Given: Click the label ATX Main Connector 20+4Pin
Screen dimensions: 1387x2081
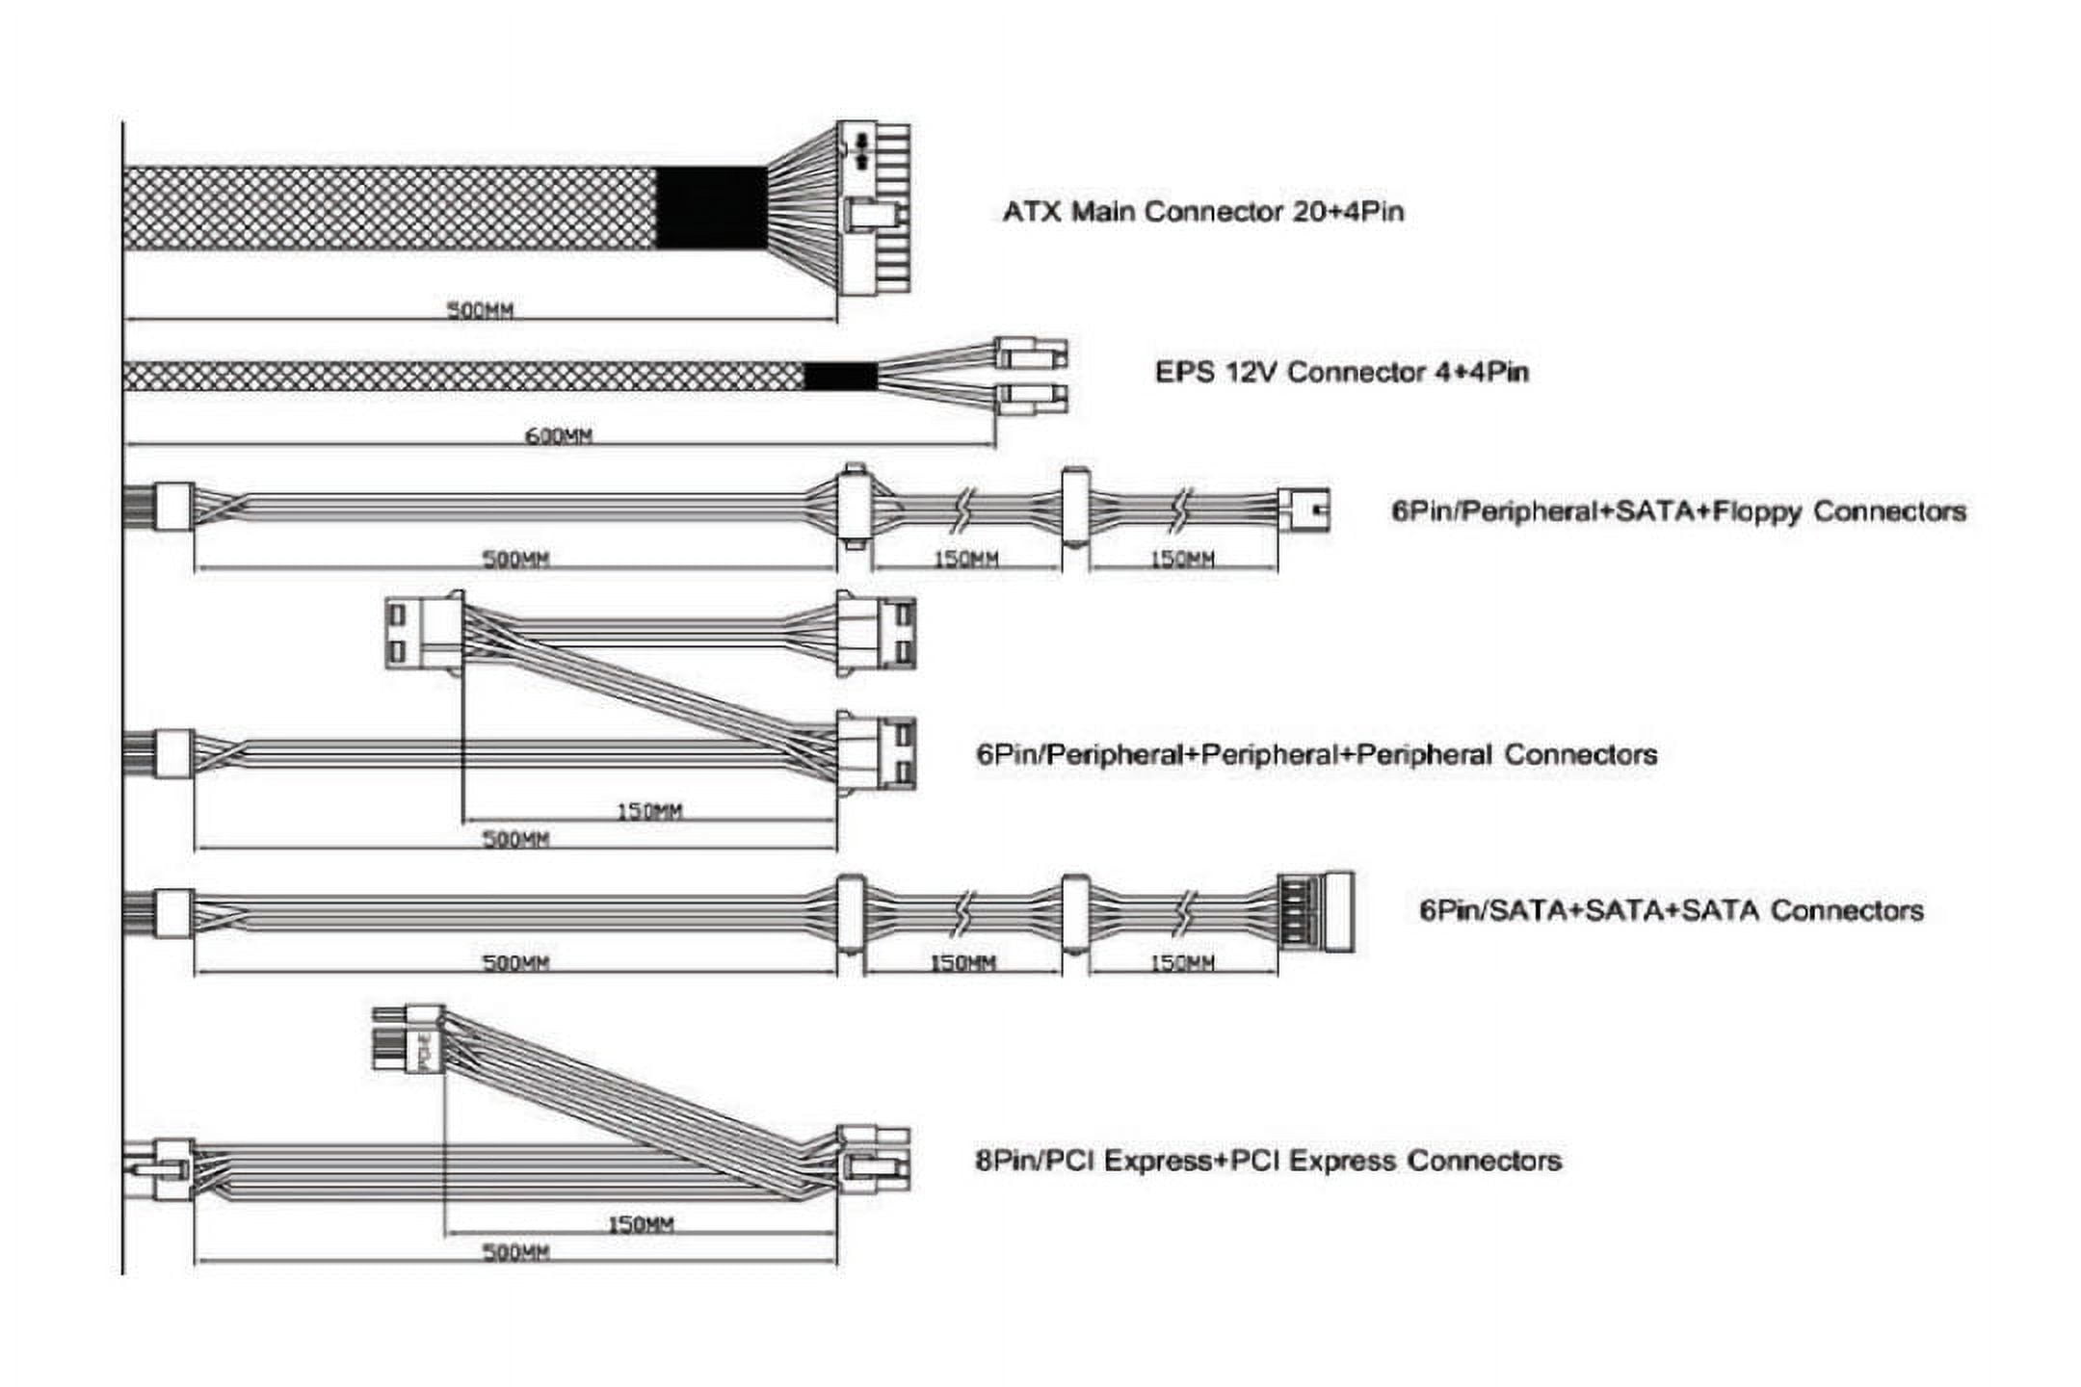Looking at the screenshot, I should point(1202,212).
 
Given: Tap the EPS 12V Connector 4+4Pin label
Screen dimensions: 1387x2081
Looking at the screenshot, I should point(1341,372).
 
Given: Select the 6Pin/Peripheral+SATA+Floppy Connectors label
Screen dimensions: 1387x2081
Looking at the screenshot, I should point(1677,510).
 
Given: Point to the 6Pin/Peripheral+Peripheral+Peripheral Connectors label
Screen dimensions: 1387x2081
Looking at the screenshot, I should point(1316,754).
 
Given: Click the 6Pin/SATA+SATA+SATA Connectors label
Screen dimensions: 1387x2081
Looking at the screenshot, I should point(1671,910).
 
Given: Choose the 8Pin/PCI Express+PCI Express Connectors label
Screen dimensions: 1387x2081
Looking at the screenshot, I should point(1268,1161).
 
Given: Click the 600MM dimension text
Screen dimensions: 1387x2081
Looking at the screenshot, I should point(558,436).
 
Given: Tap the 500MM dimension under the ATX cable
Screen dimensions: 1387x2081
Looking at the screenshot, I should point(480,310).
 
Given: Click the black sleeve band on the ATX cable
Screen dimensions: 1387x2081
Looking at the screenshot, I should point(712,208).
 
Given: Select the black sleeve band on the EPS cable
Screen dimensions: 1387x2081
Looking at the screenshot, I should point(840,377).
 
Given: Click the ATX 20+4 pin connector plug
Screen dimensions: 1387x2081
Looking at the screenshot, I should point(873,208).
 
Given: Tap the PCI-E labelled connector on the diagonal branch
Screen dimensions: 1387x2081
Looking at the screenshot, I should point(408,1038).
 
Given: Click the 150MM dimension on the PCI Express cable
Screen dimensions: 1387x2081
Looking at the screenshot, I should point(640,1224).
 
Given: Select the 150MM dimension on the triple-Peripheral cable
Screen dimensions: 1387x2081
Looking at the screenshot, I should point(648,811).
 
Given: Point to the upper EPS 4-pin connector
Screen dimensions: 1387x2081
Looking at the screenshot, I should point(1030,353).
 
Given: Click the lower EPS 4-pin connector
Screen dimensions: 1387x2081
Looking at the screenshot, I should point(1030,397).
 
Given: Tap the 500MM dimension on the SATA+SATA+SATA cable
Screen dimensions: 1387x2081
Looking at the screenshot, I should point(515,962).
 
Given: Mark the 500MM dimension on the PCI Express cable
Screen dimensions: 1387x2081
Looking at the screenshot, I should point(515,1252).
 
